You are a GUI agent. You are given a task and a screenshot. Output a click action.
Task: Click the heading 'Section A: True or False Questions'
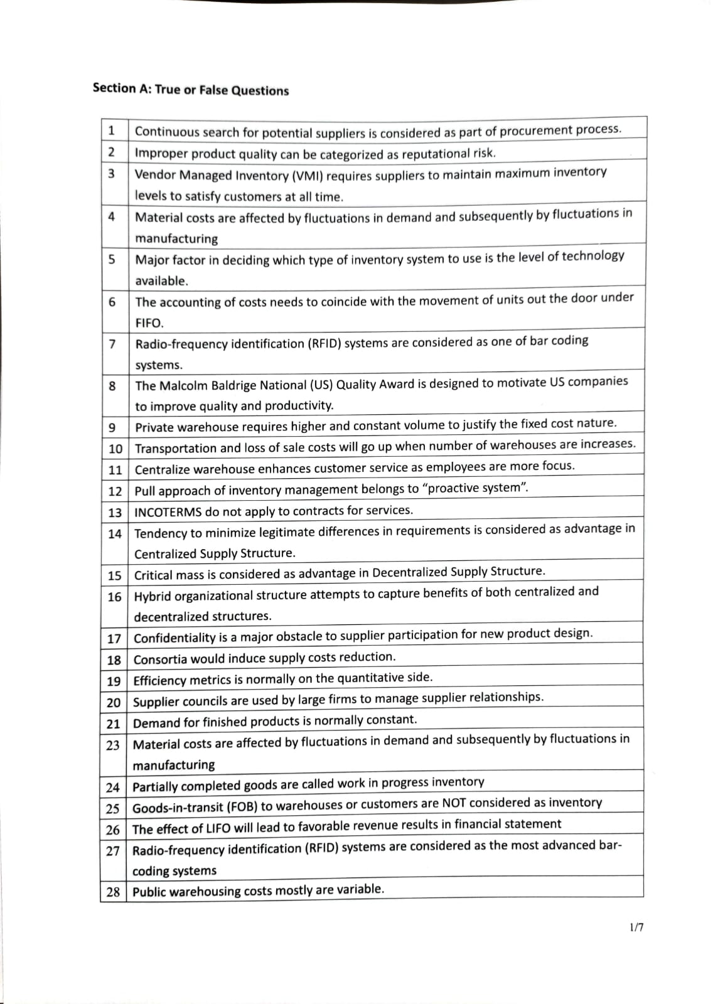tap(190, 89)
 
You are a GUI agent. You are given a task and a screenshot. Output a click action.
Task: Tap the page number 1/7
tap(636, 927)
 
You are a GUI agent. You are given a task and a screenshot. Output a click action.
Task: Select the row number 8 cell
tap(112, 386)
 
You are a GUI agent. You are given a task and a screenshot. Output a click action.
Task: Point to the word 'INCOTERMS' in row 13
tap(168, 511)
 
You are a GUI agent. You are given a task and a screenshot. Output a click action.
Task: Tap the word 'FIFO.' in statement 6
tap(149, 323)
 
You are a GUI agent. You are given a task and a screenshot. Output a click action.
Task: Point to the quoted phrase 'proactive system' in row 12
tap(476, 488)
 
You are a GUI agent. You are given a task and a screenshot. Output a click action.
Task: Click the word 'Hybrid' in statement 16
tap(153, 596)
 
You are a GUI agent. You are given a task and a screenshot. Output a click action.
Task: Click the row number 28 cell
tap(113, 892)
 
